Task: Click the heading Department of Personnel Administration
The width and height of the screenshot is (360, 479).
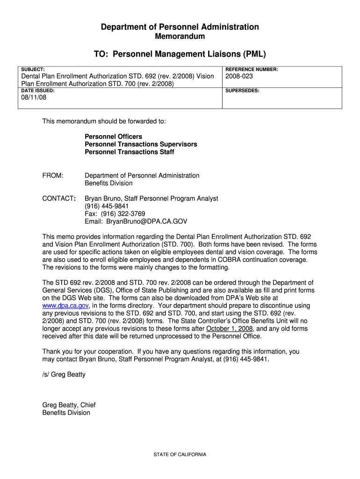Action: (180, 27)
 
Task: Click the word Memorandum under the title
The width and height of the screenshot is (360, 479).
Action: (180, 36)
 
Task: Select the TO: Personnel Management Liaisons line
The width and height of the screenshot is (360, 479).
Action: (180, 54)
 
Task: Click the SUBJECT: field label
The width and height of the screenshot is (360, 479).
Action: (33, 69)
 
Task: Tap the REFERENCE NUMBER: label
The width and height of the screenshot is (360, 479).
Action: (252, 69)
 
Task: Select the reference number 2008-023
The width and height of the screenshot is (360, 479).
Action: (239, 76)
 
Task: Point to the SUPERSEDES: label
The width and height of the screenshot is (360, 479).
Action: (242, 90)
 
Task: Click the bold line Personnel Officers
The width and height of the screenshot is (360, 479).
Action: (113, 137)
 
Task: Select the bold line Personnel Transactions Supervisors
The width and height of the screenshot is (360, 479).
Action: (141, 144)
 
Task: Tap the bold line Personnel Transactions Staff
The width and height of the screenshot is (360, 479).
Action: (130, 152)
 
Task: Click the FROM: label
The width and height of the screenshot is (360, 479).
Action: (53, 175)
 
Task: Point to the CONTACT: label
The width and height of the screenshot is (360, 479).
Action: (59, 198)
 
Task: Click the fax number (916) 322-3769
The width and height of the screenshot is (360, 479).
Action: (118, 214)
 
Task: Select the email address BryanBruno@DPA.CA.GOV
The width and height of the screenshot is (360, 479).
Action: (147, 222)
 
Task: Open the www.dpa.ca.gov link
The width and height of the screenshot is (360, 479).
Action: (65, 305)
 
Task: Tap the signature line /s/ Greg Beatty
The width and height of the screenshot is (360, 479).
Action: (64, 374)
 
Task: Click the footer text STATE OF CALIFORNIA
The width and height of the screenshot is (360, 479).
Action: (180, 455)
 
